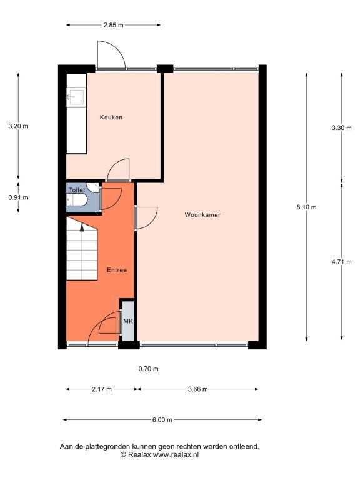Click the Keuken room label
[111, 117]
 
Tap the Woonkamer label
[202, 215]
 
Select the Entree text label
[117, 270]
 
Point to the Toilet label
[77, 190]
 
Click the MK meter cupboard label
[128, 321]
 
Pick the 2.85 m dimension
[113, 25]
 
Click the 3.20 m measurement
[18, 126]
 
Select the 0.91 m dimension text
[18, 197]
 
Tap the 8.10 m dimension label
[306, 207]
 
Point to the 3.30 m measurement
[342, 128]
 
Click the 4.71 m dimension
[342, 262]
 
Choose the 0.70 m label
[149, 369]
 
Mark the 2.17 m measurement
[102, 389]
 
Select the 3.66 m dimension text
[197, 389]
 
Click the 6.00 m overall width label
[162, 420]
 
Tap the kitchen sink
[76, 96]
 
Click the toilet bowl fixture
[77, 200]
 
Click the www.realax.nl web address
[176, 454]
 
